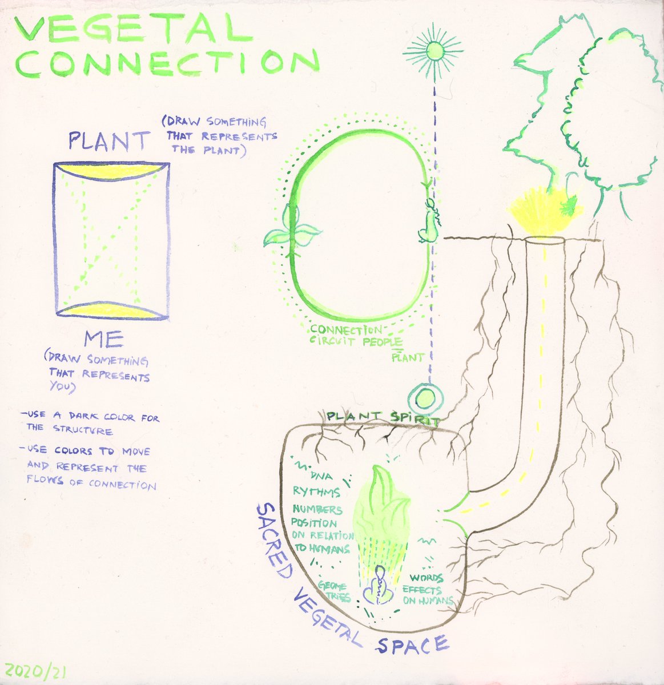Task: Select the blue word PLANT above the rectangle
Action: (110, 140)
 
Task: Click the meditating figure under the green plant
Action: (379, 588)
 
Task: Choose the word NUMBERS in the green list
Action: (317, 509)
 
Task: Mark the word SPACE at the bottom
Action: (412, 644)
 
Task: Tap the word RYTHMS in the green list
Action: (316, 491)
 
